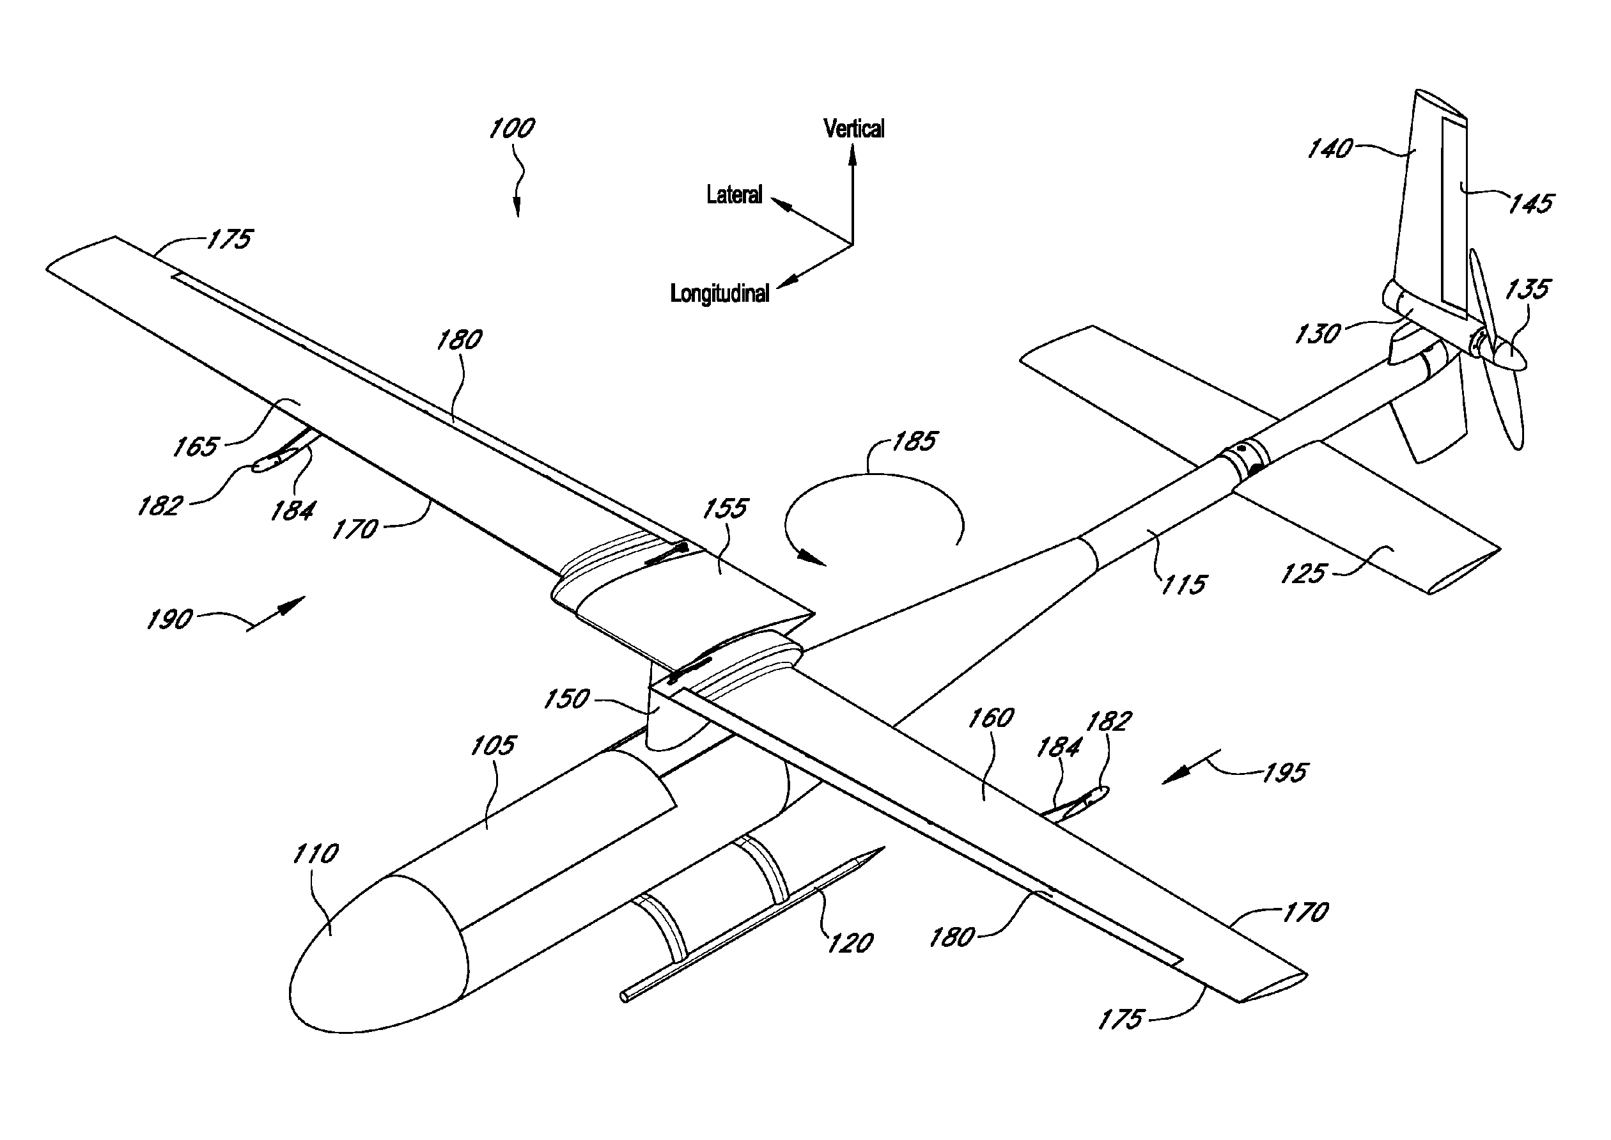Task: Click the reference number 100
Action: [x=511, y=129]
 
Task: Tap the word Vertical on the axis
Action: [x=853, y=129]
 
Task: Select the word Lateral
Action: [x=733, y=194]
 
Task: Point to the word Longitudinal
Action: [x=719, y=293]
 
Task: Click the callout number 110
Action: [x=315, y=854]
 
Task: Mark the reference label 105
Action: [x=492, y=746]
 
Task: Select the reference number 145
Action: [x=1530, y=203]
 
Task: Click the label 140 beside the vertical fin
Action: [x=1329, y=149]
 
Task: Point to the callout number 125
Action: [x=1303, y=574]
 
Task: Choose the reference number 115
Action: [x=1183, y=585]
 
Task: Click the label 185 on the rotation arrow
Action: [x=914, y=441]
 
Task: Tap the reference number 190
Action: [x=169, y=620]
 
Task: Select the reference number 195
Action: [x=1284, y=773]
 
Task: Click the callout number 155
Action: [x=725, y=508]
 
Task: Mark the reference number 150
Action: [x=566, y=699]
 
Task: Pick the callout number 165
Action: [x=196, y=446]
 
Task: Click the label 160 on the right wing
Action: [x=990, y=718]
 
